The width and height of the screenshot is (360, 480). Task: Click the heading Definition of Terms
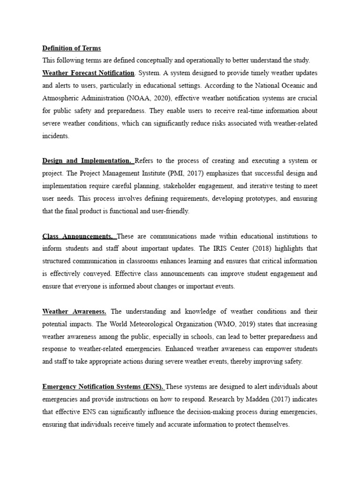(71, 48)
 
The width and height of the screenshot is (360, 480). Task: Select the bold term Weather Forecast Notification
(88, 73)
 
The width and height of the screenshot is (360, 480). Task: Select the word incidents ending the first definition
(55, 136)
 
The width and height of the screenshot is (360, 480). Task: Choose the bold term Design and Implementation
(87, 161)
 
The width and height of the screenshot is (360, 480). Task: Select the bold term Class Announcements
(77, 236)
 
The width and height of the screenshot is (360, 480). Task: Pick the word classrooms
(144, 261)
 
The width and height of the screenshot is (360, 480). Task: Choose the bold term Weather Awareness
(75, 311)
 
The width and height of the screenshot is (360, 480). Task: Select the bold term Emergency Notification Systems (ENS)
(103, 387)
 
